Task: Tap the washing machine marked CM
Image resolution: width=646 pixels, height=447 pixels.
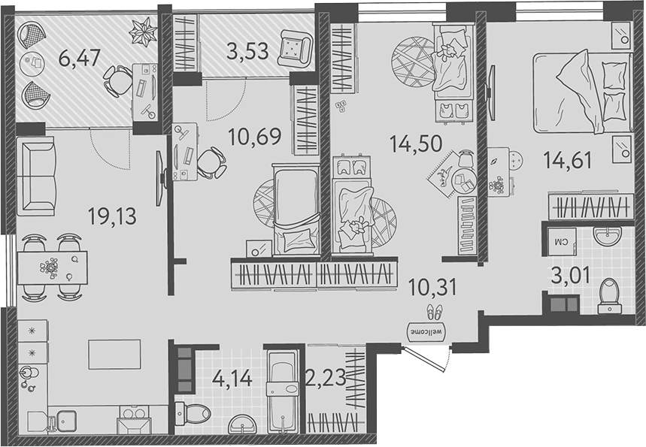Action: click(560, 240)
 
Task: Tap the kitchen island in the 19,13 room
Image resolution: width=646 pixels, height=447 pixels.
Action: click(115, 353)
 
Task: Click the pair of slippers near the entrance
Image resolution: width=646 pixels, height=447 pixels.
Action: click(435, 311)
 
